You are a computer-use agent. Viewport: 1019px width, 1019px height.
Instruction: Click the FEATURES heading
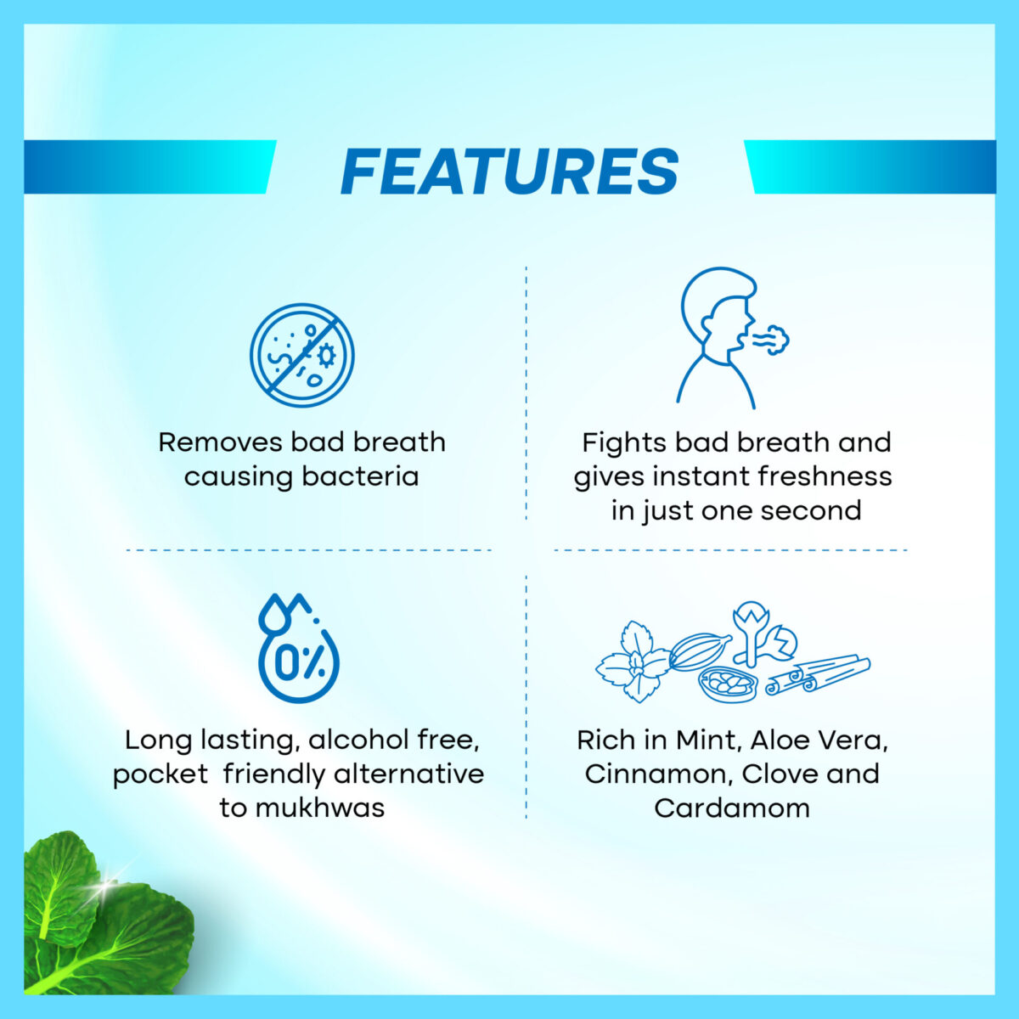click(x=509, y=172)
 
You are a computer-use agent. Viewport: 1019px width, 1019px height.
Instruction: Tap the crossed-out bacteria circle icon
click(x=302, y=355)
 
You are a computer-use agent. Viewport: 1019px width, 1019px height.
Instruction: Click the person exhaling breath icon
click(x=732, y=338)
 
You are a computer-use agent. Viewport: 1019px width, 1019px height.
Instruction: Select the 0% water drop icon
click(x=299, y=648)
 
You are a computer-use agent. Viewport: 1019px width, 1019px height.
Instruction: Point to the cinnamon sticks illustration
click(x=817, y=675)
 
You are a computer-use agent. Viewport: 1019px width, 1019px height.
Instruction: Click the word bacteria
click(x=360, y=476)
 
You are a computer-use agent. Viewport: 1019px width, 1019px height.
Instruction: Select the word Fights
click(x=623, y=443)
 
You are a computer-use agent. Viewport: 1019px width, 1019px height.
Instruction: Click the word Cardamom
click(x=732, y=808)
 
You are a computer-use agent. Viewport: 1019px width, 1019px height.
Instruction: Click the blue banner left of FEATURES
click(x=150, y=167)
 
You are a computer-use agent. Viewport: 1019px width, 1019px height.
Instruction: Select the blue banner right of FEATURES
click(x=870, y=167)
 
